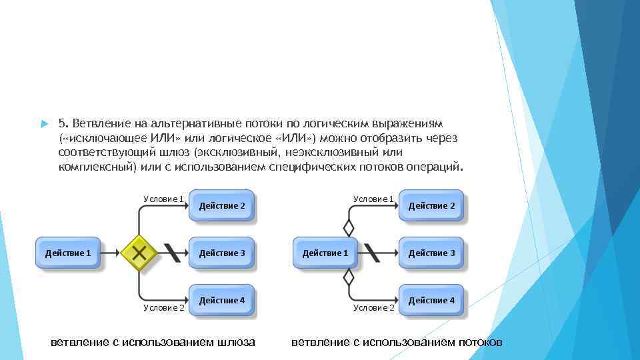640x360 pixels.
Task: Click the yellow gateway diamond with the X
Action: point(139,253)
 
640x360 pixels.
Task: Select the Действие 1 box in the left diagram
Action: point(67,253)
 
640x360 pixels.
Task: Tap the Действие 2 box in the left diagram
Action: point(222,206)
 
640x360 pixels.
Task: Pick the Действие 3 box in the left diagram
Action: point(222,253)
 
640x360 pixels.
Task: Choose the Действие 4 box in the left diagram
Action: point(222,300)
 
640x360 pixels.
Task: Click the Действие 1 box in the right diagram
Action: point(325,253)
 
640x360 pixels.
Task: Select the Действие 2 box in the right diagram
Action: point(431,206)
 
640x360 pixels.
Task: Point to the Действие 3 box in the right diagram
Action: point(431,253)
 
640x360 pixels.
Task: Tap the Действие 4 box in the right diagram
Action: point(431,300)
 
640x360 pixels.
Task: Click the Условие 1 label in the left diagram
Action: point(163,199)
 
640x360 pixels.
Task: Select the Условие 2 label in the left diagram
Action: point(164,307)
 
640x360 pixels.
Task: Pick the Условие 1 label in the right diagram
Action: point(373,199)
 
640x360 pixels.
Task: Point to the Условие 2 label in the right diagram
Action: point(373,307)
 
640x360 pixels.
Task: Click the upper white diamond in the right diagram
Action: point(348,227)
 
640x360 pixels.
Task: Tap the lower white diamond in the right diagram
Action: point(348,278)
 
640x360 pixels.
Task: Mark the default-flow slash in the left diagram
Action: point(172,253)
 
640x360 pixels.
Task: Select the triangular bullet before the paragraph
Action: point(43,124)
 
